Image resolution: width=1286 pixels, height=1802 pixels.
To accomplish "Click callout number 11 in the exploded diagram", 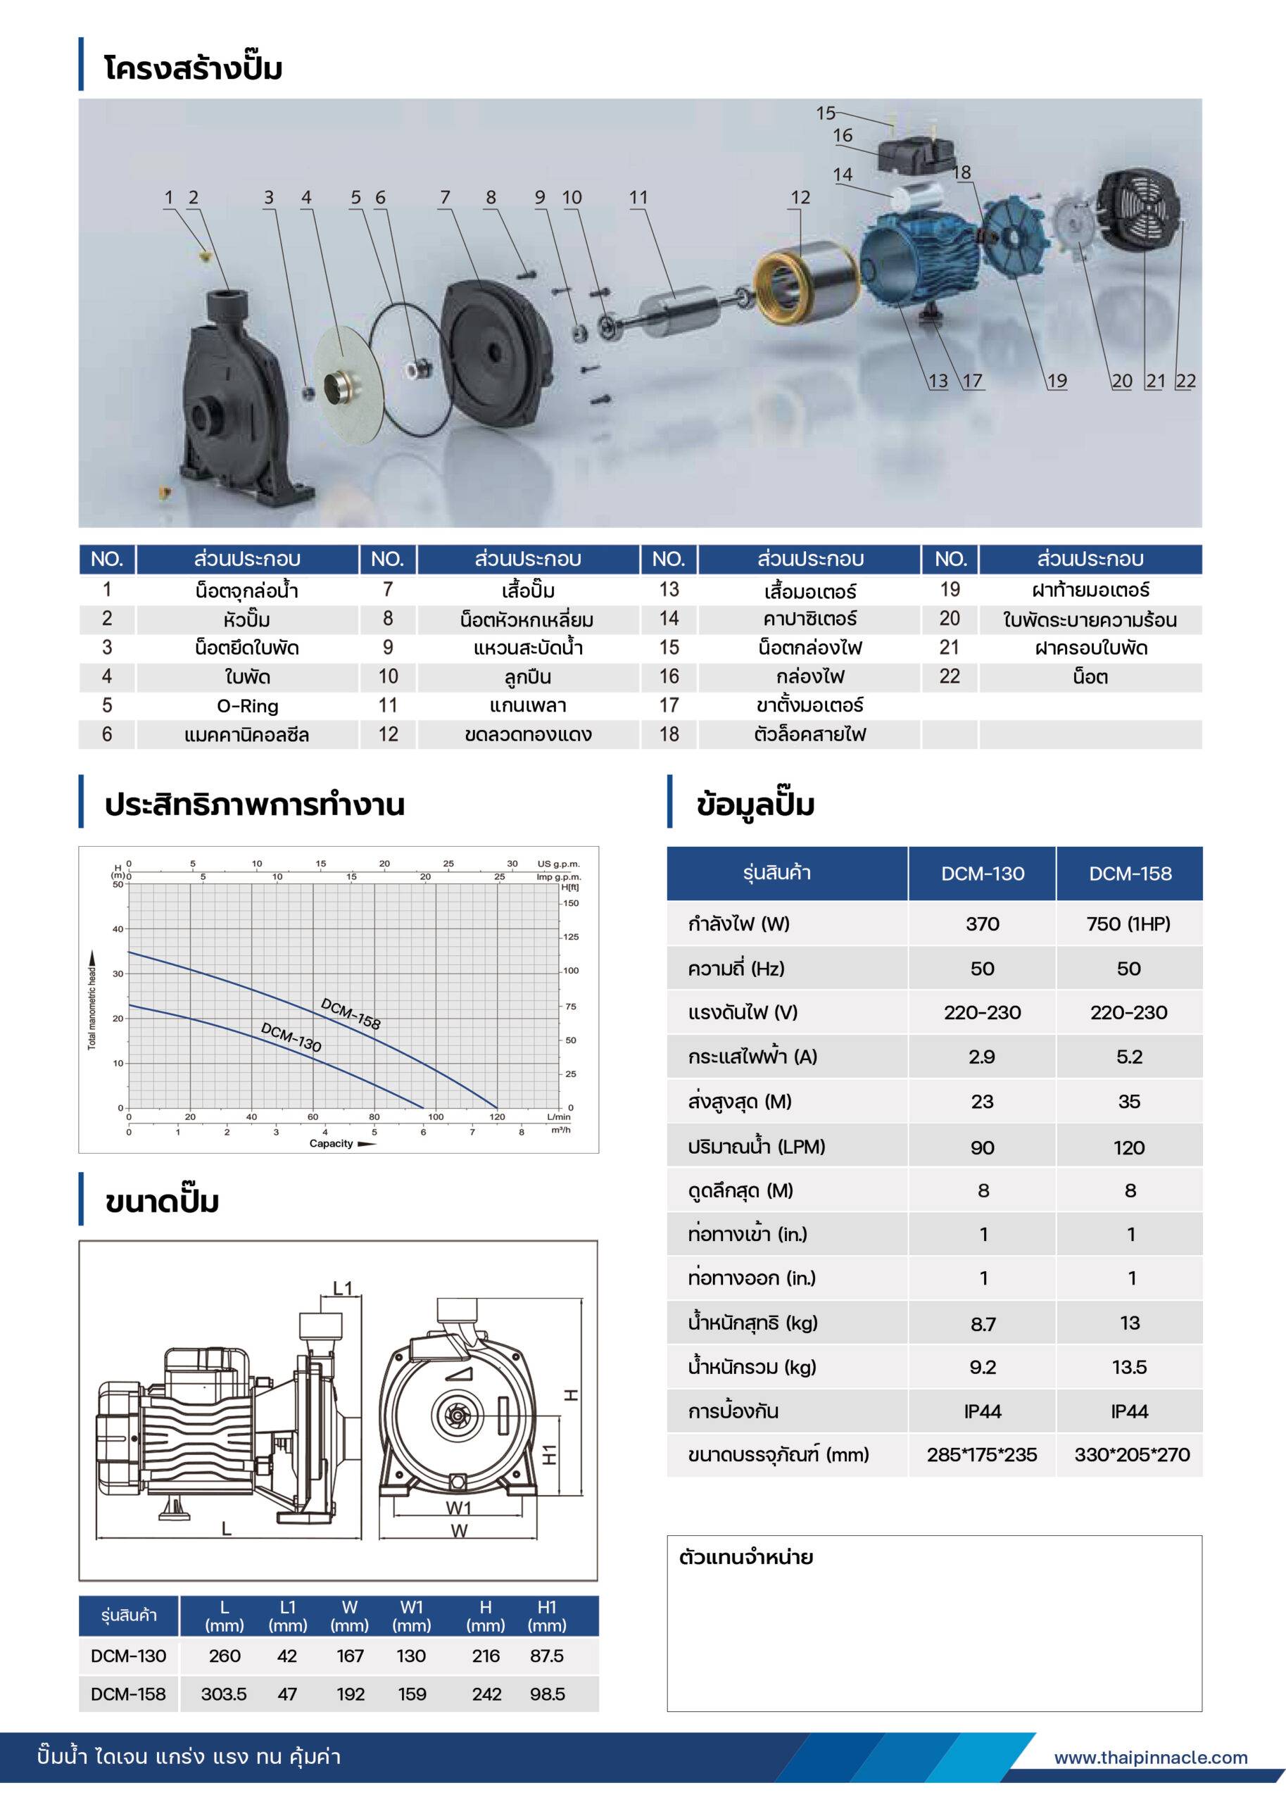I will (638, 197).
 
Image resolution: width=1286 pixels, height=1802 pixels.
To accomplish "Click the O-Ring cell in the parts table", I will (247, 705).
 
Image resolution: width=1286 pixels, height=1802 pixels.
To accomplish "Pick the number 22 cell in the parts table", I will (950, 676).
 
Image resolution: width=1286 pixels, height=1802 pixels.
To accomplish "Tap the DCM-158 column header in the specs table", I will (1129, 874).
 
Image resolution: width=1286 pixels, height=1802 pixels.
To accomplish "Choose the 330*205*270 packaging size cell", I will (1132, 1454).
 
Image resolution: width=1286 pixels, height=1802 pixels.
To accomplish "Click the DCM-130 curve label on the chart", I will (291, 1037).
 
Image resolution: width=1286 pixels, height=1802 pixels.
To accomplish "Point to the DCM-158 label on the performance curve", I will (351, 1014).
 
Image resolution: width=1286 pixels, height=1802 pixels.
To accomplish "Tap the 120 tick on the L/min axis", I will (497, 1117).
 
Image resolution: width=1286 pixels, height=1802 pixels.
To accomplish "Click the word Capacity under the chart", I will (331, 1143).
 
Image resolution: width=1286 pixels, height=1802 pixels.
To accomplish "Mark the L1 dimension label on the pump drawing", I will (342, 1289).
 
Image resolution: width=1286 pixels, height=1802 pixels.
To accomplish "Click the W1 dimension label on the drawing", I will (458, 1508).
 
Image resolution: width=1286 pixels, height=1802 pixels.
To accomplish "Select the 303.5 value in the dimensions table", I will (224, 1694).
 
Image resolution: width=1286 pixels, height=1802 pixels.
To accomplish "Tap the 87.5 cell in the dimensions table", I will (546, 1656).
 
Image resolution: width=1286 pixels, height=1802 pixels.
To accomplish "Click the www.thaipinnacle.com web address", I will (1151, 1758).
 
